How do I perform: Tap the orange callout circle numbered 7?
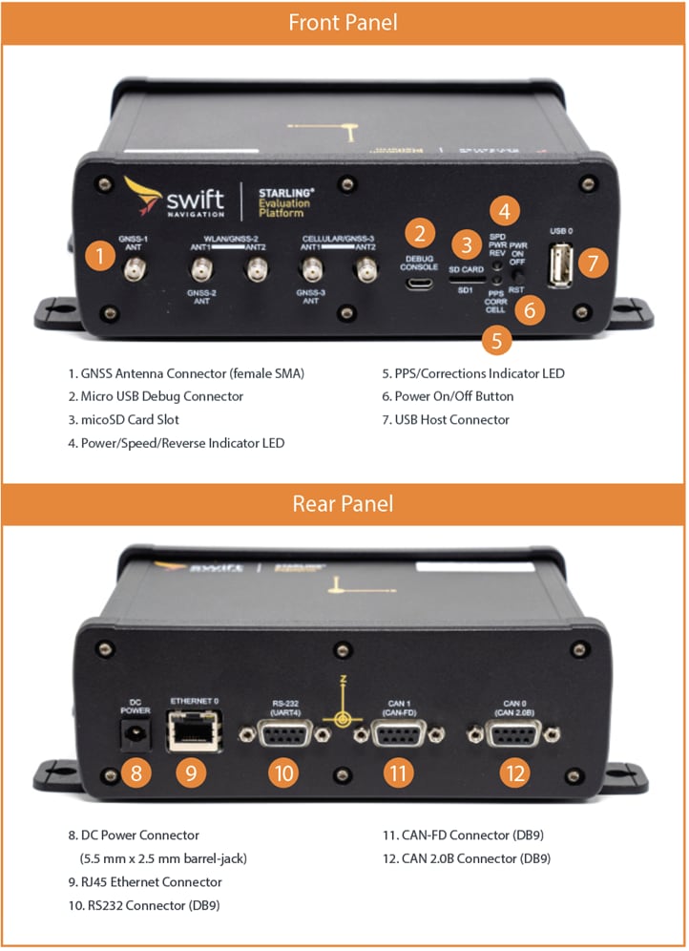click(x=593, y=262)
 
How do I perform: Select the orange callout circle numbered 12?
click(x=515, y=772)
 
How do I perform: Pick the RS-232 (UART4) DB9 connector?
click(x=283, y=735)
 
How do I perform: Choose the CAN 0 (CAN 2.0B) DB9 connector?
click(x=515, y=734)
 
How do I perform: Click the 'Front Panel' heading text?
click(x=344, y=22)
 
